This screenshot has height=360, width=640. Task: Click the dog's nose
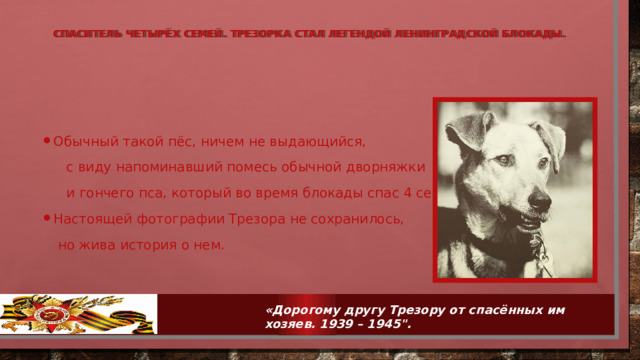[541, 202]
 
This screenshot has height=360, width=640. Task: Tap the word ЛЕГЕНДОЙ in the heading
[363, 34]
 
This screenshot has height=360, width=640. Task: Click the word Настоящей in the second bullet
[89, 219]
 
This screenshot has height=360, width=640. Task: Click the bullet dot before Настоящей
[46, 219]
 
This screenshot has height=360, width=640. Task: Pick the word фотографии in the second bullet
[167, 219]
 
